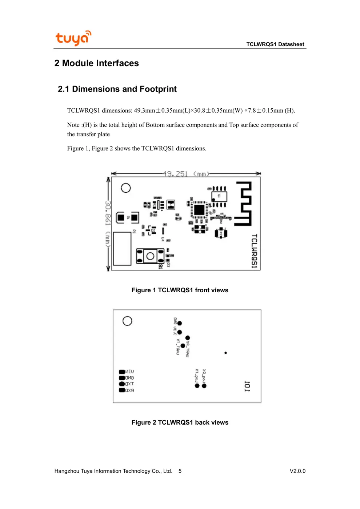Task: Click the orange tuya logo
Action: click(x=73, y=38)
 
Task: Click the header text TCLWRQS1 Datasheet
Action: click(x=275, y=44)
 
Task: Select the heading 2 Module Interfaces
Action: click(x=96, y=63)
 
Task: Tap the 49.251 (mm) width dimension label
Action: click(x=186, y=174)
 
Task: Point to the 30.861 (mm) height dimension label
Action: click(x=108, y=224)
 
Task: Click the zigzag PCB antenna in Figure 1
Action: click(x=243, y=204)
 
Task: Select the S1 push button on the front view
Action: click(x=150, y=256)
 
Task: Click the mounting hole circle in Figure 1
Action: click(x=126, y=188)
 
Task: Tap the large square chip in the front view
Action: click(x=199, y=210)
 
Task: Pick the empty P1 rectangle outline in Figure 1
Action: click(x=122, y=249)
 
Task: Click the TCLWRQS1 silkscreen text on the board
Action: click(x=254, y=251)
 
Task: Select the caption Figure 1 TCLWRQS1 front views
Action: click(x=180, y=290)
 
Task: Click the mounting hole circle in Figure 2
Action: click(x=127, y=321)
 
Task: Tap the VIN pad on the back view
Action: click(x=122, y=372)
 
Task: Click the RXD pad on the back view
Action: click(x=122, y=390)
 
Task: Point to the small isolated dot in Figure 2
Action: click(x=225, y=353)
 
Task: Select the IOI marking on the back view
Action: click(x=247, y=386)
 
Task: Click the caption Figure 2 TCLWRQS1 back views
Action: click(x=180, y=422)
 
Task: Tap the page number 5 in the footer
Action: click(x=180, y=471)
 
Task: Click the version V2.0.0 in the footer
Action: click(x=297, y=471)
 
